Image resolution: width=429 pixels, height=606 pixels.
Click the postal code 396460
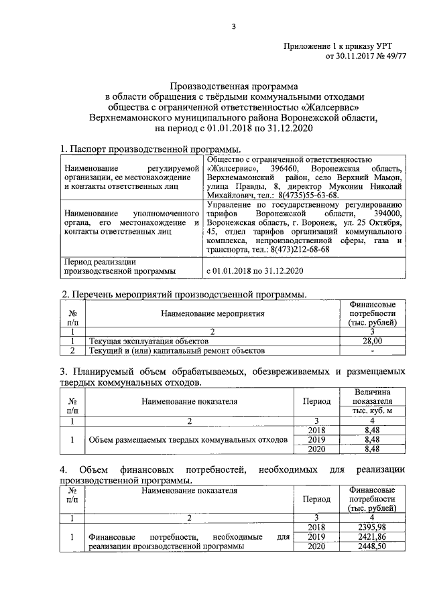point(286,169)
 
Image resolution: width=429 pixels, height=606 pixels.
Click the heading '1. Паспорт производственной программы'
point(151,149)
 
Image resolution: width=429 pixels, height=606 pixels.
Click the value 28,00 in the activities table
point(372,341)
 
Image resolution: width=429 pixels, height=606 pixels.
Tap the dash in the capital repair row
point(372,350)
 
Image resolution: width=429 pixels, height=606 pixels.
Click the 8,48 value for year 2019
point(372,440)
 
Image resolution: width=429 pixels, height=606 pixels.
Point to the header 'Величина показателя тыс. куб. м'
point(372,401)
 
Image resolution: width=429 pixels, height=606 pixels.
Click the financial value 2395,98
point(372,528)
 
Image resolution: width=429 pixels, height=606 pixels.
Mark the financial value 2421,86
point(372,537)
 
